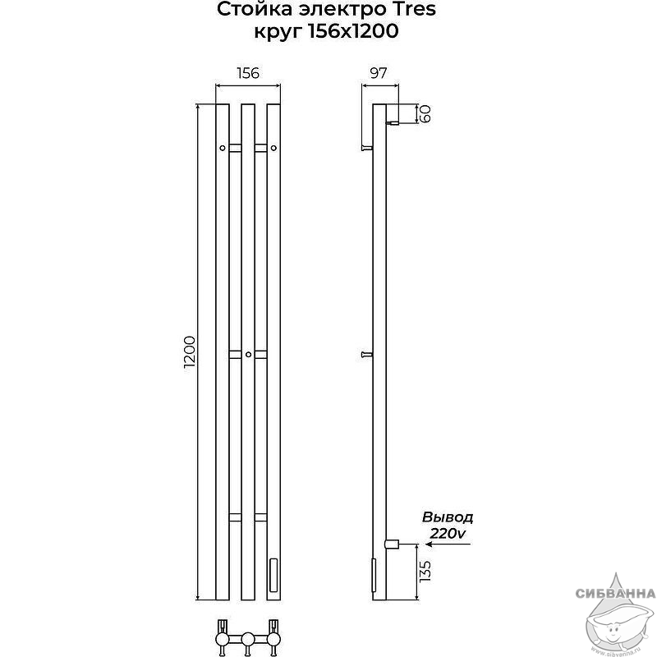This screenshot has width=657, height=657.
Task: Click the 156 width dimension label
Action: pyautogui.click(x=248, y=73)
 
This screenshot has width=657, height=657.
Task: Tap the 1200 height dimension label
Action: pyautogui.click(x=190, y=352)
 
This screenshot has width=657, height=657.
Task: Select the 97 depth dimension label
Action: pyautogui.click(x=379, y=73)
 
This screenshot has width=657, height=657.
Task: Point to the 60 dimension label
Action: pyautogui.click(x=425, y=113)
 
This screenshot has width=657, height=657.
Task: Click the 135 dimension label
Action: pyautogui.click(x=425, y=571)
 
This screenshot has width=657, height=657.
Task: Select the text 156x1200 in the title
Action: pyautogui.click(x=353, y=31)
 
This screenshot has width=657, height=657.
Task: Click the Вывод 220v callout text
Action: pyautogui.click(x=448, y=526)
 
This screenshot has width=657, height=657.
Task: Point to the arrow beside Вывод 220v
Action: pyautogui.click(x=447, y=544)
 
